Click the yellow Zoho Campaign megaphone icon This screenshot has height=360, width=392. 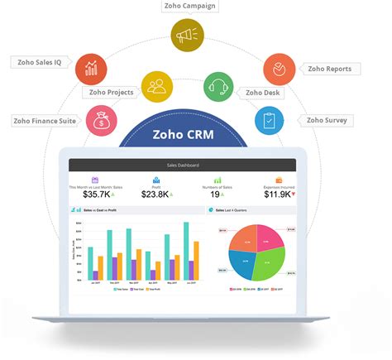coord(187,36)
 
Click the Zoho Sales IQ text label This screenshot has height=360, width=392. coord(39,61)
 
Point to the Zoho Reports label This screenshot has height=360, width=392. coord(328,69)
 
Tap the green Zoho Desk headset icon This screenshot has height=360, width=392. coord(219,84)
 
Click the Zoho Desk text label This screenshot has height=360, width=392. coord(262,92)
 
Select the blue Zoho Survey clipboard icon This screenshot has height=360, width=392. coord(269,120)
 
